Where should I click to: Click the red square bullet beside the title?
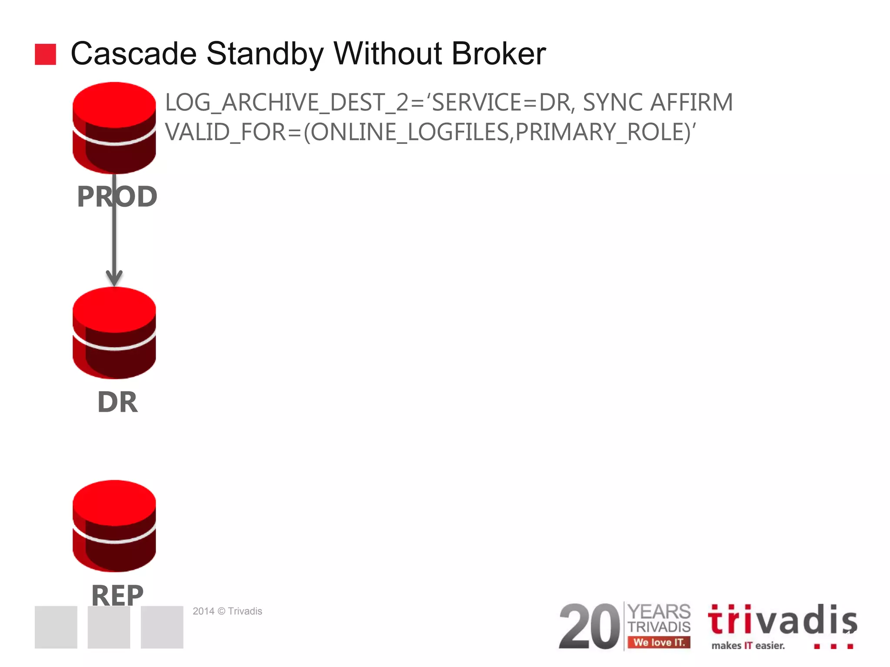(x=45, y=54)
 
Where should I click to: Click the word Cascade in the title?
(x=133, y=54)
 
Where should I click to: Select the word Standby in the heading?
(x=265, y=55)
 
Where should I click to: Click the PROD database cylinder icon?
(x=114, y=128)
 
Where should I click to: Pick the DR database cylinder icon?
(x=114, y=333)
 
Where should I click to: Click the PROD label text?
(x=117, y=197)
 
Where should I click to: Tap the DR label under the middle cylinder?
(x=117, y=402)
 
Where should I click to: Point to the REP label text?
(x=117, y=594)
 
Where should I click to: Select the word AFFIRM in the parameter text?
(x=691, y=102)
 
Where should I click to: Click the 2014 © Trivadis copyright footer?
(x=227, y=611)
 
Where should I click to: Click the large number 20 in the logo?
(x=589, y=626)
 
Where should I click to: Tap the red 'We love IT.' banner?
(x=659, y=642)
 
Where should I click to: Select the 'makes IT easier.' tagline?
(x=748, y=646)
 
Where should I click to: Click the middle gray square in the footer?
(x=109, y=627)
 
